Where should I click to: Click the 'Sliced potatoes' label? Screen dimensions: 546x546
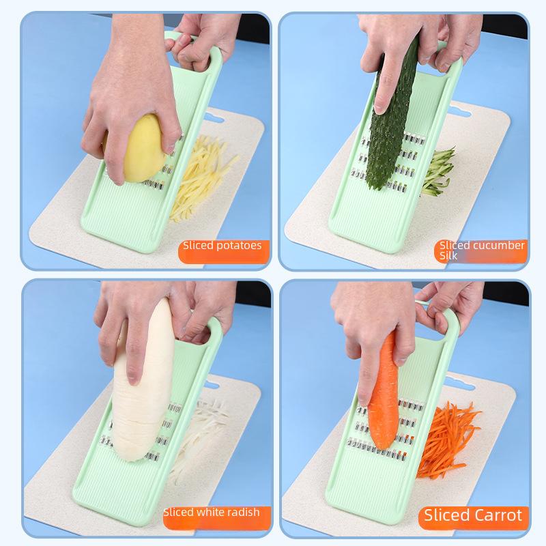coord(222,246)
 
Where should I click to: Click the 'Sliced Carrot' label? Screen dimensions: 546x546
coord(474,515)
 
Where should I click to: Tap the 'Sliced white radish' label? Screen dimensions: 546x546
coord(212,512)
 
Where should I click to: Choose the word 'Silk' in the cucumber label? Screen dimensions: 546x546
coord(449,257)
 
